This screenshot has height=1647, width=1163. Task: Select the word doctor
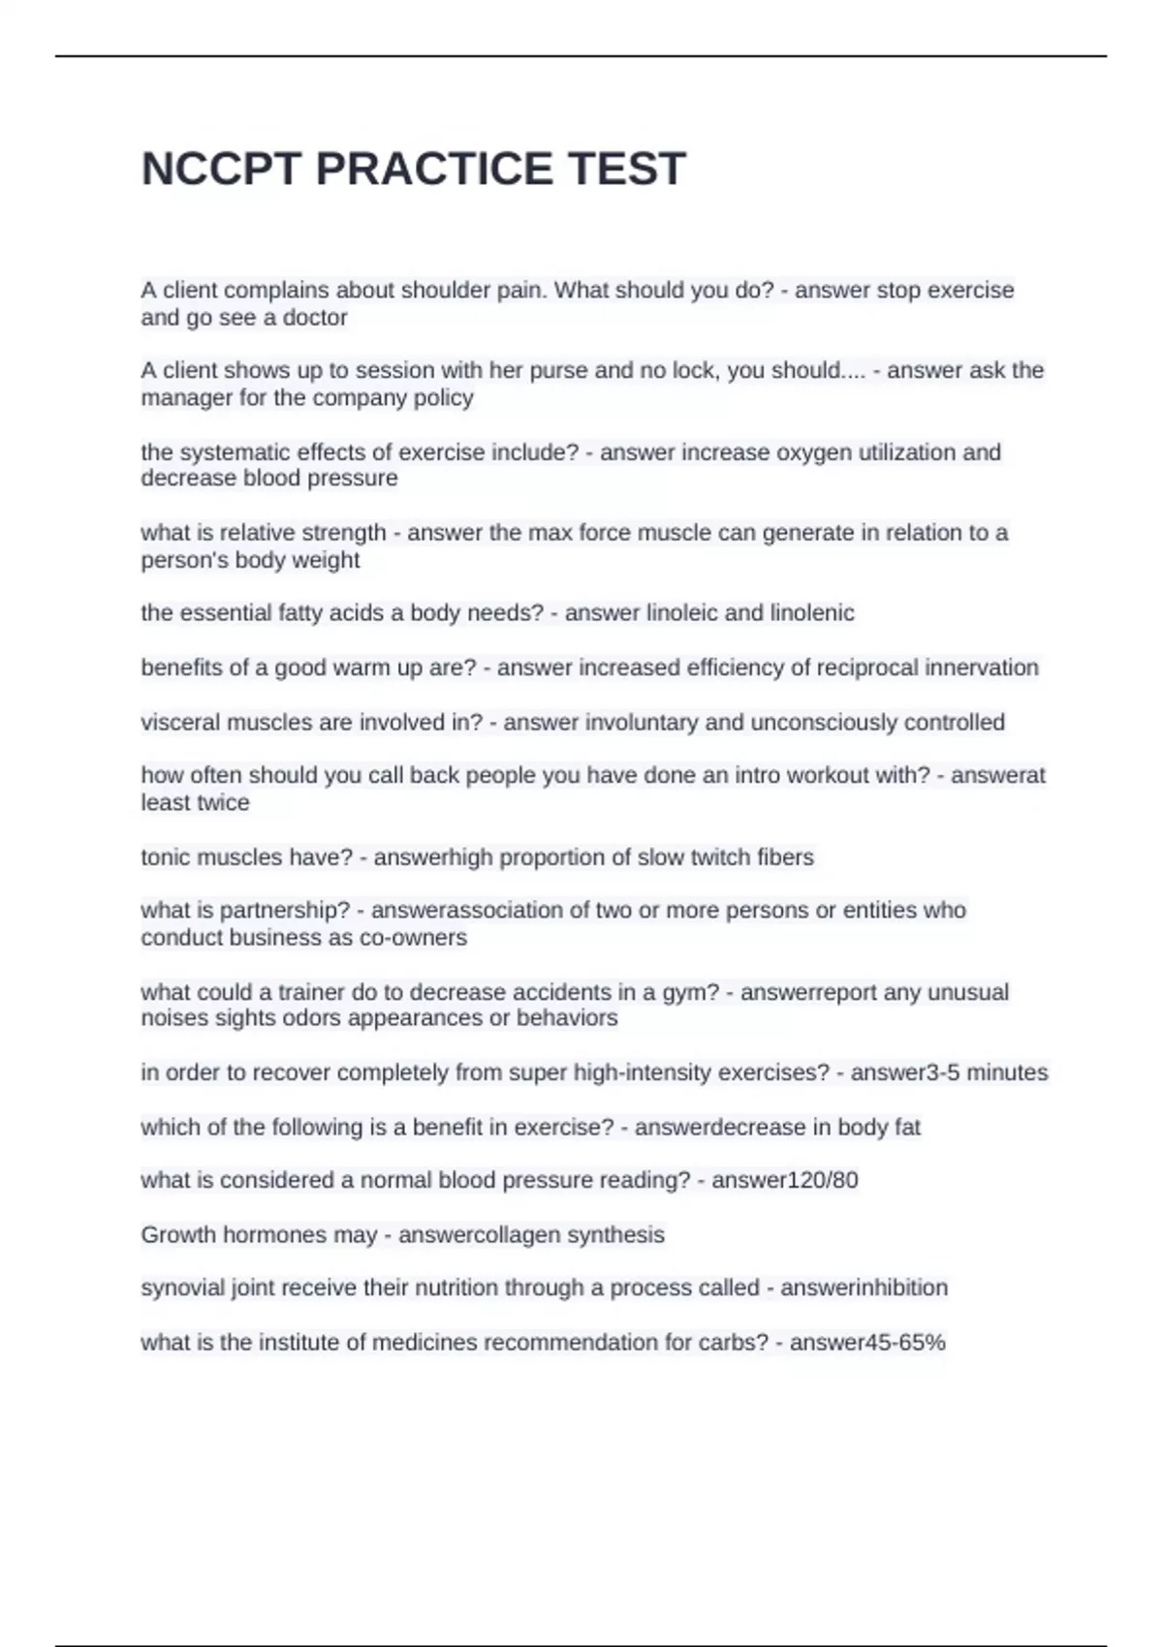pos(315,318)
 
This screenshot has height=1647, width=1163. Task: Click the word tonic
pos(166,857)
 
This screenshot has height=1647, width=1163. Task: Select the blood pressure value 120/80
pos(821,1181)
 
